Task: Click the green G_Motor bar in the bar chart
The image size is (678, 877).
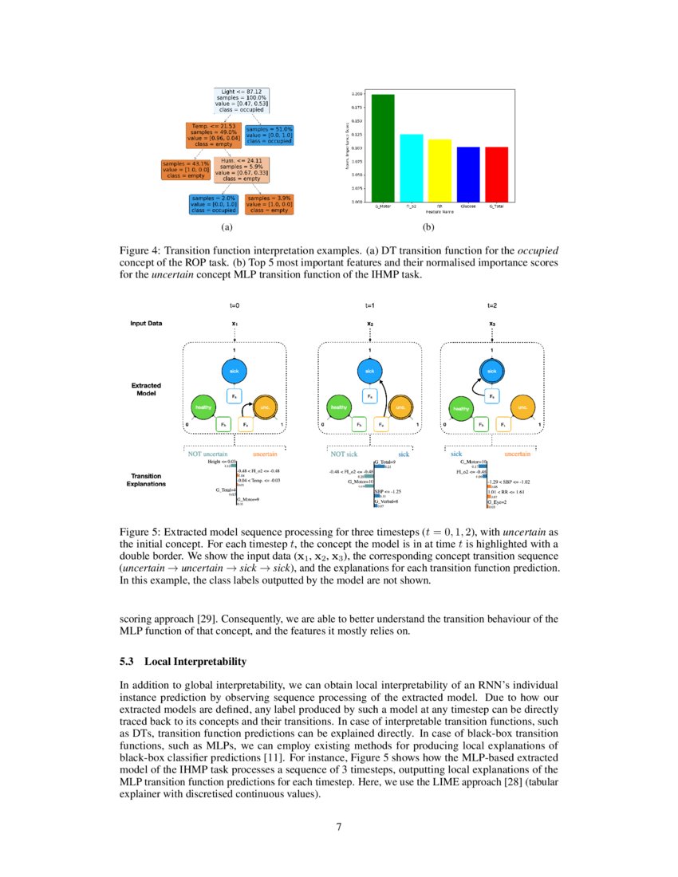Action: pos(383,147)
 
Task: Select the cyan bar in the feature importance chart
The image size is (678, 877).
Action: pos(411,167)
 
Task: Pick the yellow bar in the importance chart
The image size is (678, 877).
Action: pos(440,170)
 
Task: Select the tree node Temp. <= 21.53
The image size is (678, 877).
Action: pos(212,135)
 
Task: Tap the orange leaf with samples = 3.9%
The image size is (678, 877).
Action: pos(269,203)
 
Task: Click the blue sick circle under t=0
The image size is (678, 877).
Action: pos(235,371)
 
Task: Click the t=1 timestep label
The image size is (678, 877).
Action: pos(370,305)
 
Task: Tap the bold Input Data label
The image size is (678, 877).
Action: pos(146,323)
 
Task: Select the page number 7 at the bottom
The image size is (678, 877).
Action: pos(338,826)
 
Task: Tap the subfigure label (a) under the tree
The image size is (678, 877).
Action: pos(227,227)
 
